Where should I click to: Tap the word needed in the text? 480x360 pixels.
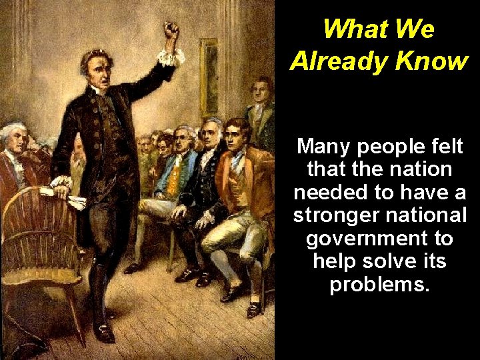[x=330, y=192]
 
